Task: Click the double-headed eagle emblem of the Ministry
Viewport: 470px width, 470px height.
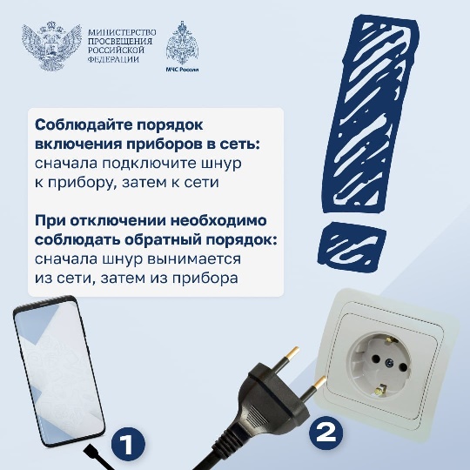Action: click(x=51, y=45)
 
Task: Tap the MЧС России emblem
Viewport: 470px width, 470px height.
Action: click(x=182, y=43)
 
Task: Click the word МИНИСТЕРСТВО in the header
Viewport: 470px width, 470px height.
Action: click(x=122, y=32)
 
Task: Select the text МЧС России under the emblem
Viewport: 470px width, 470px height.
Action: click(x=182, y=70)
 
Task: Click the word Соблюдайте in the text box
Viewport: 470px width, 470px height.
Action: click(x=84, y=124)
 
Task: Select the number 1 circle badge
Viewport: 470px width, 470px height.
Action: click(x=128, y=444)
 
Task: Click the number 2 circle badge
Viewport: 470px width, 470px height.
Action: click(x=326, y=433)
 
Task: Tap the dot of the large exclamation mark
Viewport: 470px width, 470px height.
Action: click(x=352, y=246)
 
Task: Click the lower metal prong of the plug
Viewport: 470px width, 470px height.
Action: click(x=312, y=388)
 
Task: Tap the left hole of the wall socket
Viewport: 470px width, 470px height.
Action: click(x=375, y=357)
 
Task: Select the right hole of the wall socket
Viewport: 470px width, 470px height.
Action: click(x=404, y=367)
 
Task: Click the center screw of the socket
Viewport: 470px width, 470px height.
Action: click(x=389, y=363)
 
